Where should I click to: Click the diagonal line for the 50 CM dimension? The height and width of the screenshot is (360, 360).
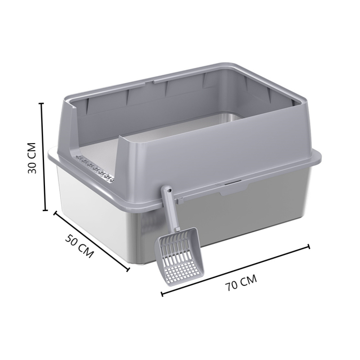92,241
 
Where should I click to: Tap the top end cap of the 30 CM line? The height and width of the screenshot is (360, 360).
42,103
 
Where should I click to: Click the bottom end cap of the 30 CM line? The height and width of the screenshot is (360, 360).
45,210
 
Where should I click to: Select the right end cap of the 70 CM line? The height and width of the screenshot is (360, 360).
309,246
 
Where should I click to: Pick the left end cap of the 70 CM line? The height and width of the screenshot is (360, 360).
162,295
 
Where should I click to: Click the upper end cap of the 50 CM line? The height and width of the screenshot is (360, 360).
55,212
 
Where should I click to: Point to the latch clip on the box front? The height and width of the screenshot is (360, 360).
233,185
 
